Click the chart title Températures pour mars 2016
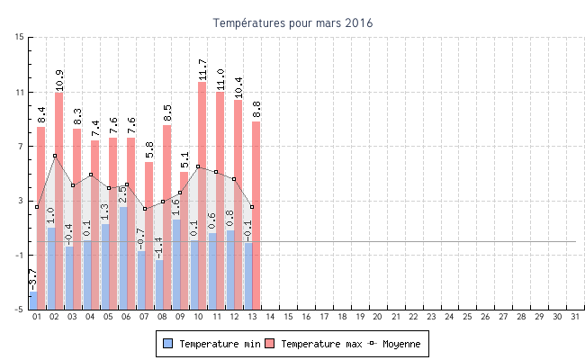coord(292,22)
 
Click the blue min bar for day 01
coord(33,301)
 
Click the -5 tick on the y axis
coord(19,310)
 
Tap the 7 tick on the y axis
coord(21,146)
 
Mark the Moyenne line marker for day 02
coord(55,156)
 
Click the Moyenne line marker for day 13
coord(252,207)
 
